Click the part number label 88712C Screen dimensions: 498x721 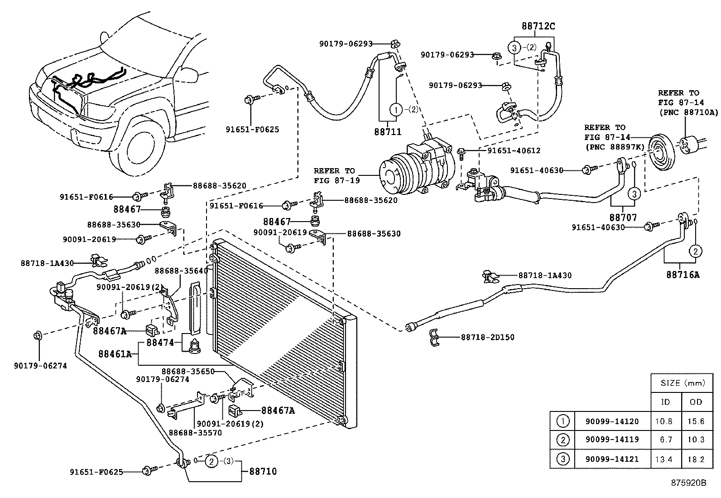click(538, 26)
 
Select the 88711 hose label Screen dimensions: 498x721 click(388, 131)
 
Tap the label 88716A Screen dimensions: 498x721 click(683, 274)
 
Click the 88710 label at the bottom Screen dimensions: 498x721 click(263, 471)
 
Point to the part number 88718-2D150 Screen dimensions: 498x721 click(488, 338)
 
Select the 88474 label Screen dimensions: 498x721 click(160, 343)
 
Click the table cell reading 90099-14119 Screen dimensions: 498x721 click(612, 440)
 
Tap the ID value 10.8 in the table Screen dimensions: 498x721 click(663, 421)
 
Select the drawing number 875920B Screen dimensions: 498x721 click(688, 483)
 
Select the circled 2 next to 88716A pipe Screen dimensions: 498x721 click(696, 251)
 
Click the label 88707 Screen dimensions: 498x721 click(623, 218)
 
